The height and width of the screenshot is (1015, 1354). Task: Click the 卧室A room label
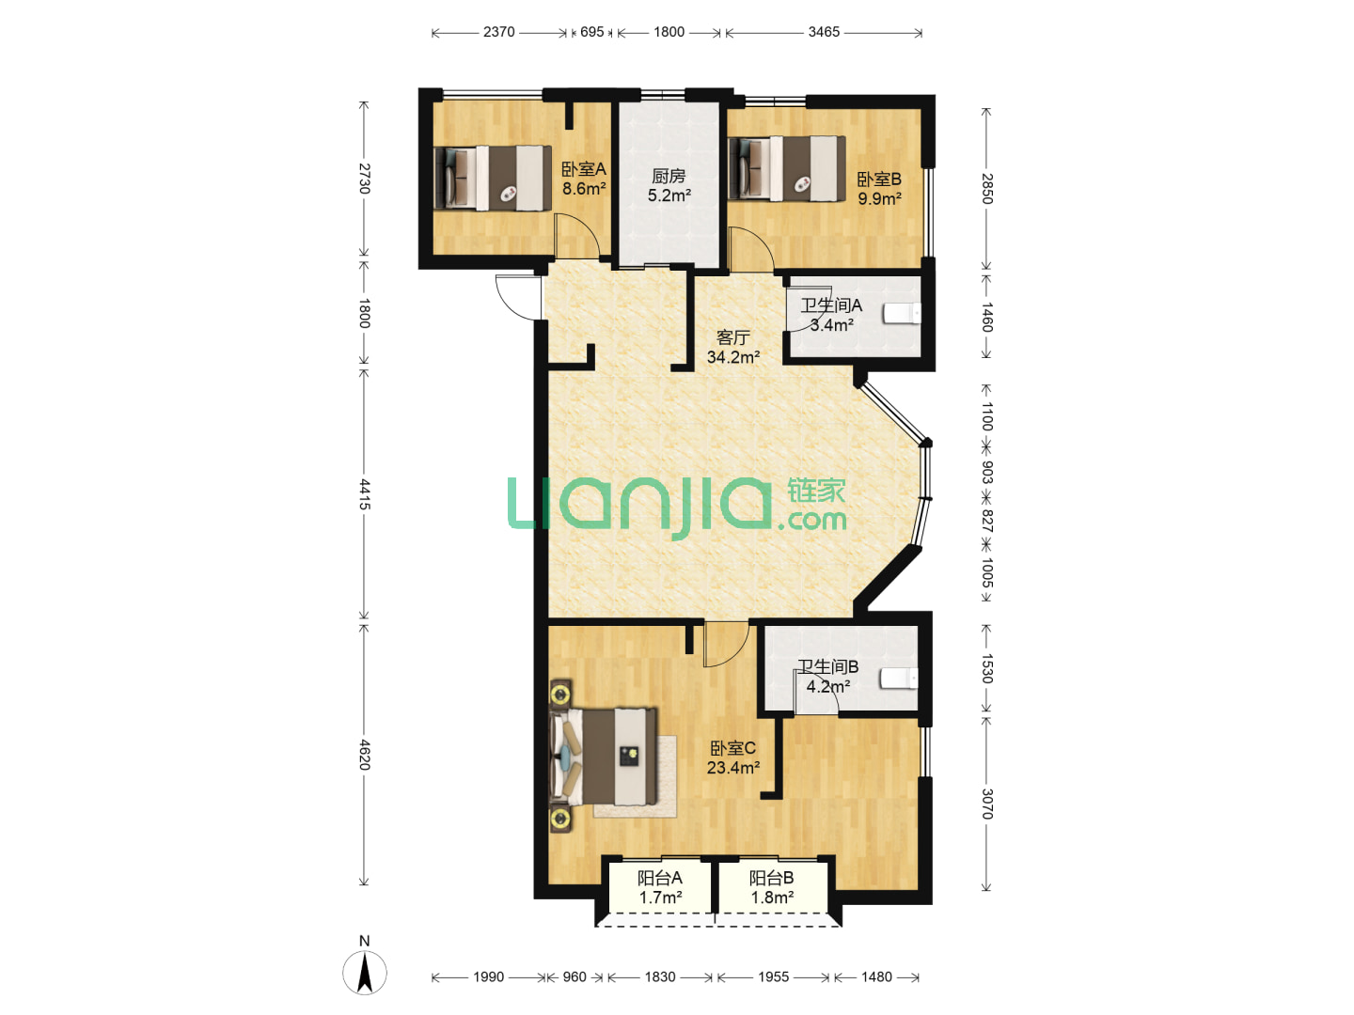(x=583, y=169)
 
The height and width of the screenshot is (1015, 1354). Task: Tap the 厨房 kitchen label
(x=669, y=177)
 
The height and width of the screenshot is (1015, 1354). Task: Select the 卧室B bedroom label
(x=879, y=180)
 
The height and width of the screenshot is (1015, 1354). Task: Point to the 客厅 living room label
(x=732, y=337)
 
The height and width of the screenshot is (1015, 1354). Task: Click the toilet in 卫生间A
(x=902, y=313)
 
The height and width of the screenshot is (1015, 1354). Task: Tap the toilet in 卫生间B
(x=899, y=679)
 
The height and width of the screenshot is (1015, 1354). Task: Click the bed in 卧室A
(x=493, y=179)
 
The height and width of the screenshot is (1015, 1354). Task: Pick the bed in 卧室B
(x=786, y=168)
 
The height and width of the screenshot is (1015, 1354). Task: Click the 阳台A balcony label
(x=659, y=878)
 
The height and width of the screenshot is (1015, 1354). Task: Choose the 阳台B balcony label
(x=771, y=878)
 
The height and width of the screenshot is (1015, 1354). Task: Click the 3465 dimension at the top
(x=824, y=32)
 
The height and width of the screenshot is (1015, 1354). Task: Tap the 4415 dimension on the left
(x=365, y=494)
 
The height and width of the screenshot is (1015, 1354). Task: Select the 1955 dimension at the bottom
(x=773, y=976)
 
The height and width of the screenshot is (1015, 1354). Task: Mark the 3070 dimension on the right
(x=987, y=804)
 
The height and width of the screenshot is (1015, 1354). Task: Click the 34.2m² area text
(x=732, y=357)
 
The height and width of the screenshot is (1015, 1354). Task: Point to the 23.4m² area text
(x=732, y=768)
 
